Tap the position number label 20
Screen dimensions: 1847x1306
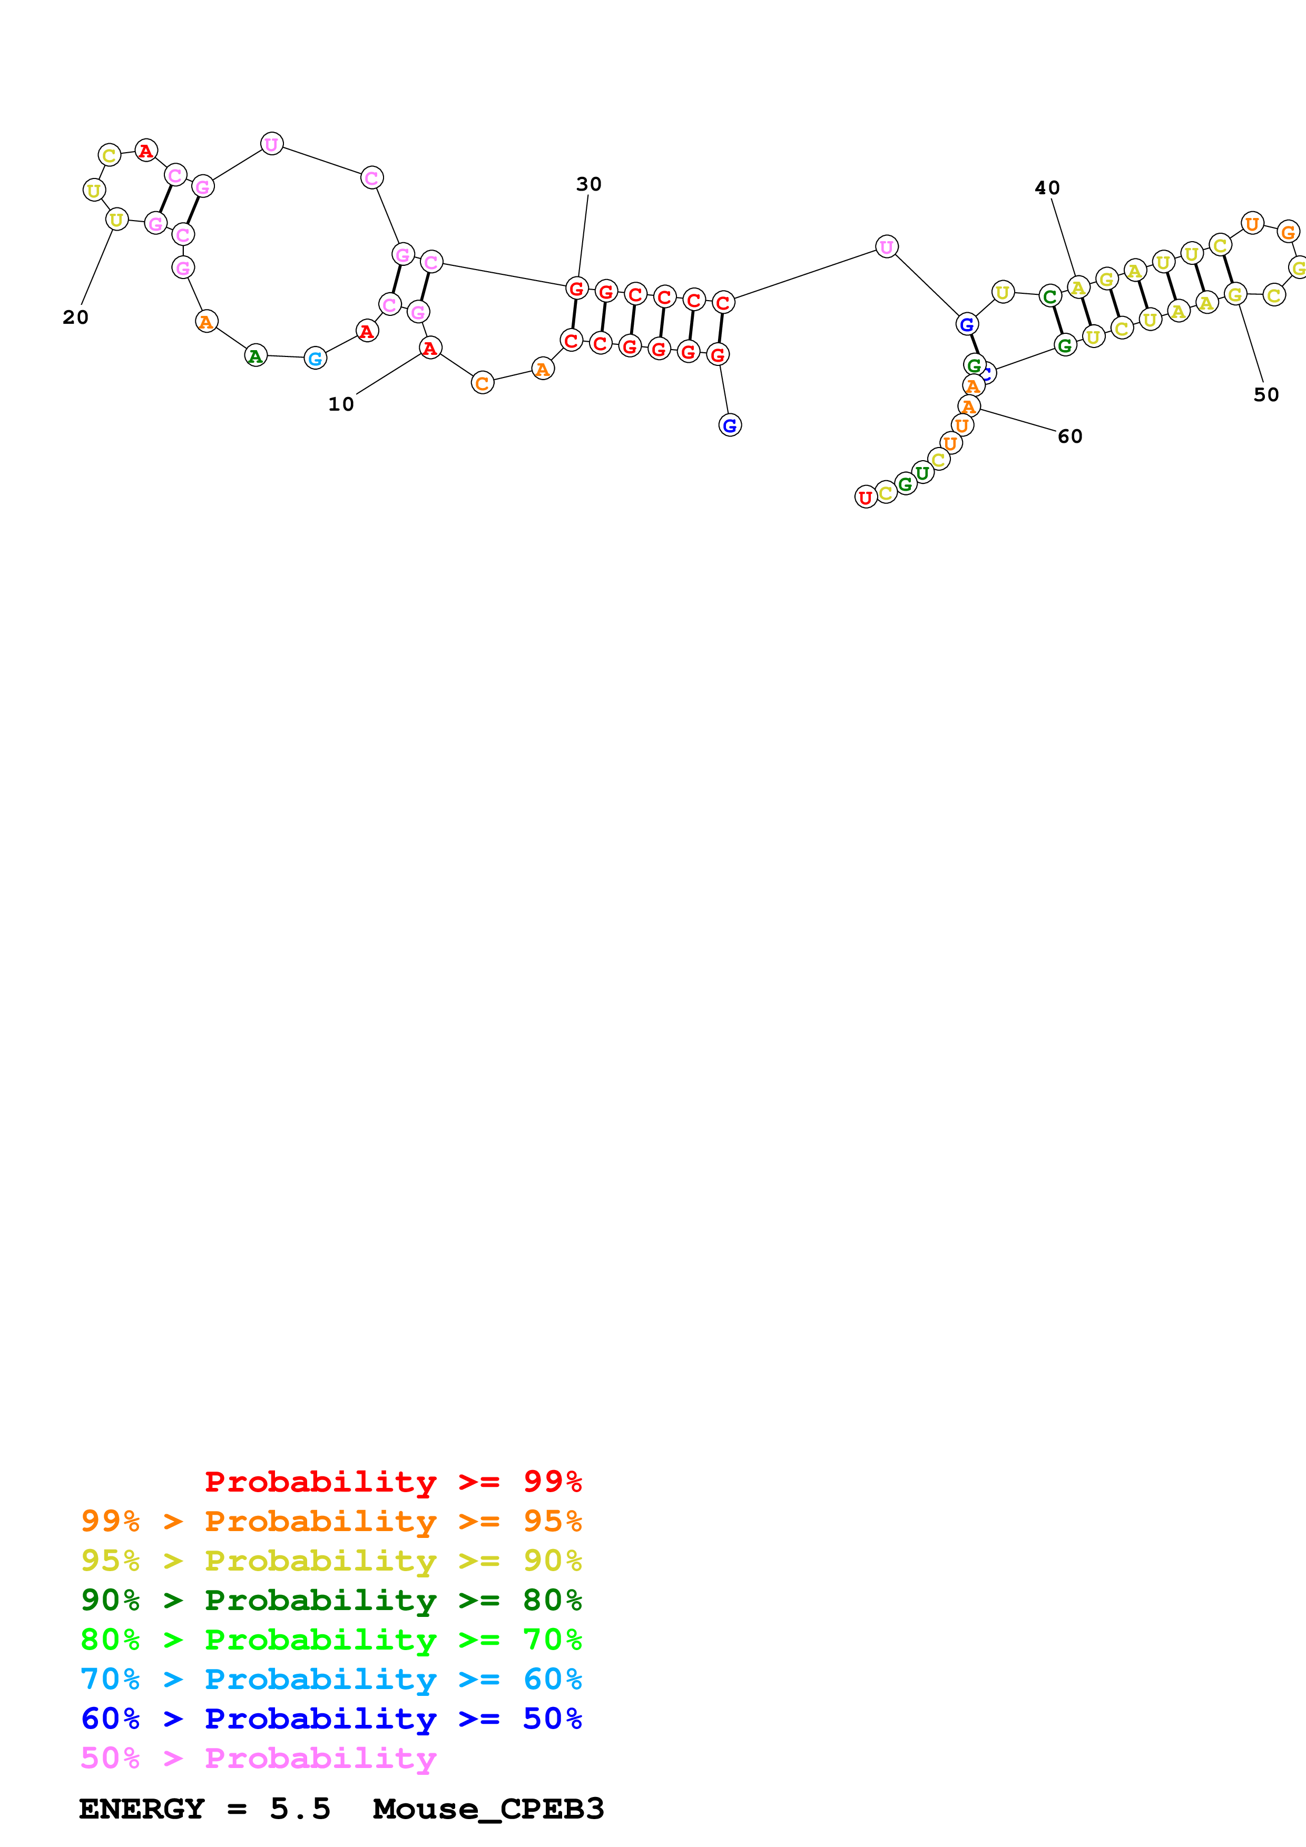tap(76, 318)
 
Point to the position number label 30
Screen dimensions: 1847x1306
tap(589, 184)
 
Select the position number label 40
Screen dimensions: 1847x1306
tap(1047, 187)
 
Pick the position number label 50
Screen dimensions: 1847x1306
tap(1266, 395)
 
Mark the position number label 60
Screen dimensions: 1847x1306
tap(1069, 436)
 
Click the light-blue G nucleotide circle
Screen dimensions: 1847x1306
tap(316, 359)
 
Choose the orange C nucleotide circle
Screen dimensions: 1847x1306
tap(482, 384)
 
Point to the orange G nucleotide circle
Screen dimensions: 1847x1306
tap(1288, 232)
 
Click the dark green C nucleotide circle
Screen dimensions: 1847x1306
tap(1050, 296)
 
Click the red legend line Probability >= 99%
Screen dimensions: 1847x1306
tap(392, 1481)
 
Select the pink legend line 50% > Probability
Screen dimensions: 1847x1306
tap(258, 1757)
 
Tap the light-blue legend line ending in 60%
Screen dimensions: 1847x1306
tap(331, 1679)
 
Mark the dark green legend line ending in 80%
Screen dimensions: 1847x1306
tap(331, 1600)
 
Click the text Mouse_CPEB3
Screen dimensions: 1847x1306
tap(488, 1809)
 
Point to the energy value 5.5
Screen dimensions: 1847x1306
tap(299, 1809)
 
